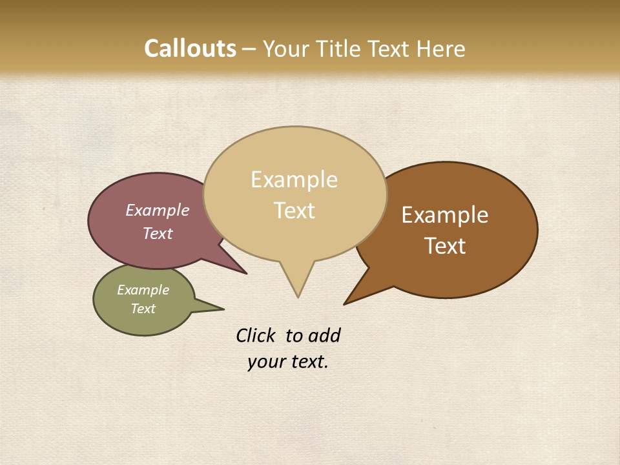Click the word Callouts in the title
point(190,49)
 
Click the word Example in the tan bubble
point(294,180)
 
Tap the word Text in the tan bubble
point(294,211)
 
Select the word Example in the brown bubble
point(445,215)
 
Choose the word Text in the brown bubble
point(445,245)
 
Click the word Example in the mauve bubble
point(158,211)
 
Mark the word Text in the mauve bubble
point(158,233)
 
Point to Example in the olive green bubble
point(143,290)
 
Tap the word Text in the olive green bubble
point(143,309)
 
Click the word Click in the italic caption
point(256,335)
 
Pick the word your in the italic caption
point(266,362)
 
